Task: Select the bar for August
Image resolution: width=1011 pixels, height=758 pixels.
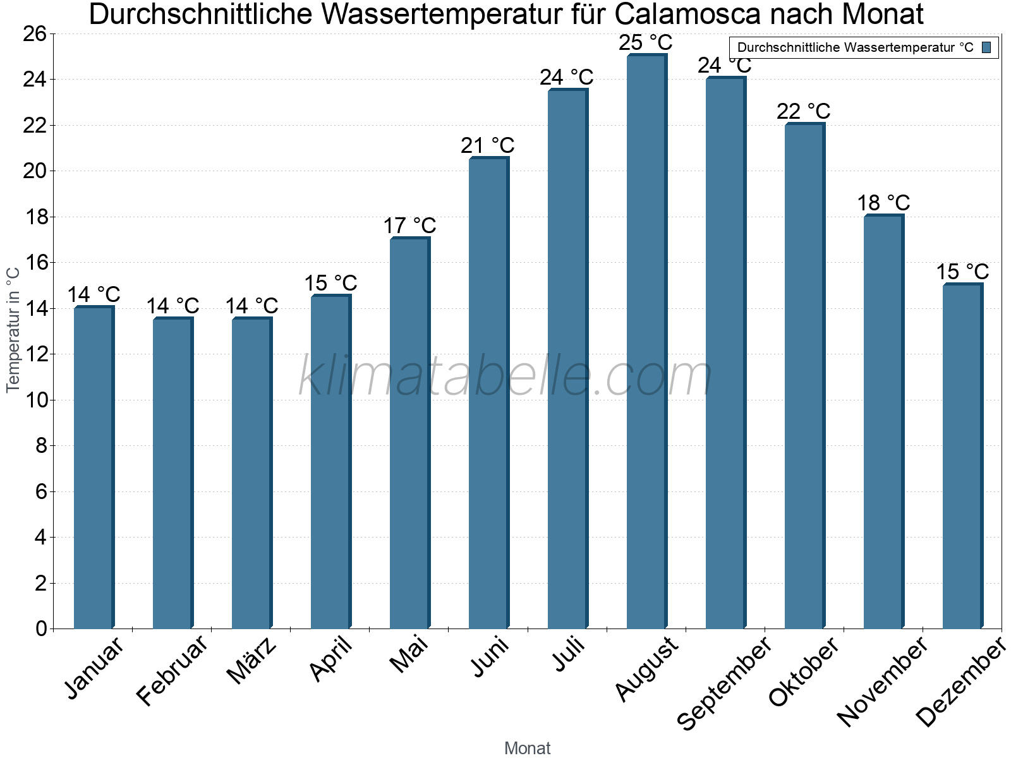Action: pos(646,341)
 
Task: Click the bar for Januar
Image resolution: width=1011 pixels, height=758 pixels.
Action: pos(94,467)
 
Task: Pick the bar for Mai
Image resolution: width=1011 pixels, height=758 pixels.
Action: pos(409,433)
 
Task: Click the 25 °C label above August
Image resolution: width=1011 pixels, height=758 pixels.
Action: pos(646,43)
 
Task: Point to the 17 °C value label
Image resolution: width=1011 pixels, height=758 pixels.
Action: pos(409,226)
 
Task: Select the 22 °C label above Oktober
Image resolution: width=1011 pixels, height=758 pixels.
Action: pos(803,111)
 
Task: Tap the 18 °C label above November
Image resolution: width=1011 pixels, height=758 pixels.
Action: pos(883,203)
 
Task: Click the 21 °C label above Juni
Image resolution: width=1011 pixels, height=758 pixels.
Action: pos(487,145)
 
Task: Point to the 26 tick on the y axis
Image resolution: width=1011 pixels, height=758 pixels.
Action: pos(35,33)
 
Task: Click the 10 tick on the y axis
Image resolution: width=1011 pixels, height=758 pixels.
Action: pos(35,400)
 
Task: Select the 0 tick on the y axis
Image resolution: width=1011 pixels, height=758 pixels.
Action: pos(41,629)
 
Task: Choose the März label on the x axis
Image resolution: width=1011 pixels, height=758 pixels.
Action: pos(251,661)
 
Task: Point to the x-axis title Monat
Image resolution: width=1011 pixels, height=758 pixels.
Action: pos(527,748)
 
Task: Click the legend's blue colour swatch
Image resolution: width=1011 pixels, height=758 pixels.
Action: pos(987,47)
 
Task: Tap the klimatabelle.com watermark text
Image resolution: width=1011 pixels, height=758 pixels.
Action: pos(505,376)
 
